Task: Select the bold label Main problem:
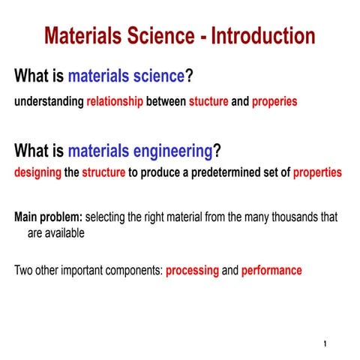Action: click(49, 217)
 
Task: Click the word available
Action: click(63, 232)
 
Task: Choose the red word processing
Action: click(192, 270)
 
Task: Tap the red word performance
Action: click(271, 270)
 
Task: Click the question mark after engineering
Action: click(217, 151)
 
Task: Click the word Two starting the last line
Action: click(24, 270)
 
